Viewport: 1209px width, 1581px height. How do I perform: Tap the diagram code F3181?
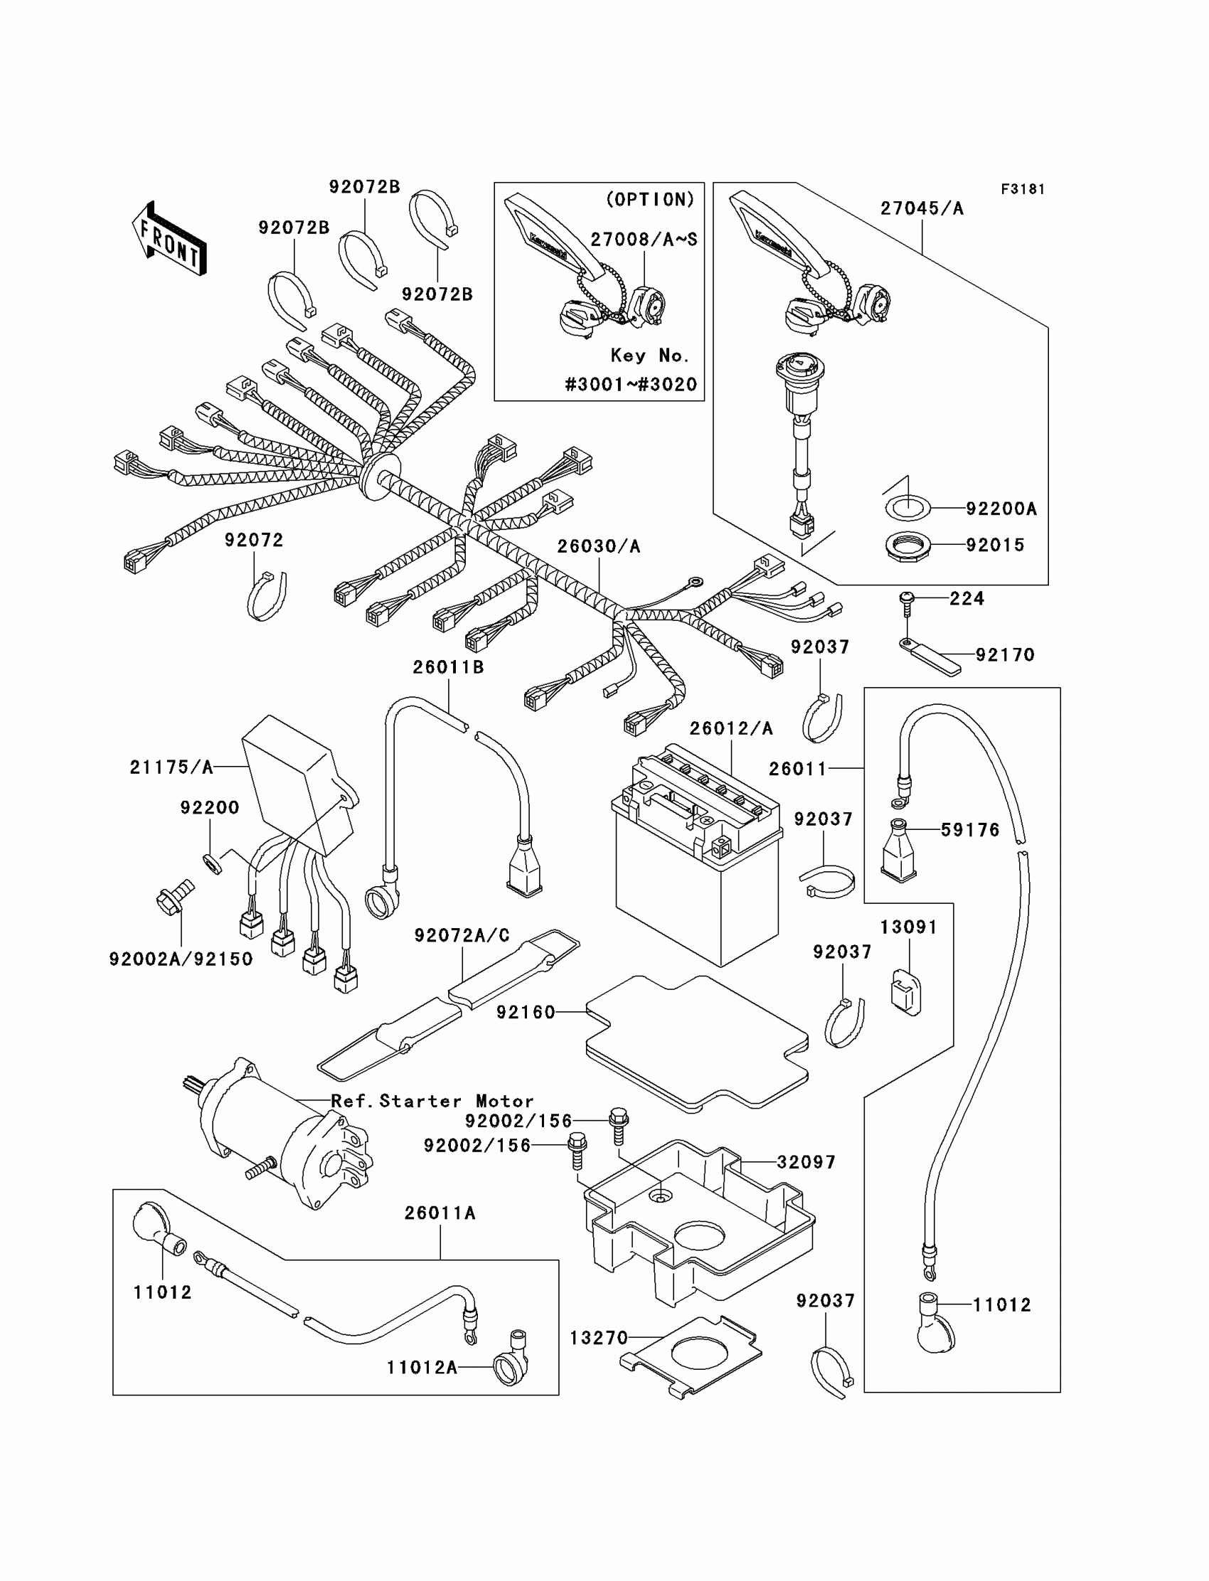coord(1023,189)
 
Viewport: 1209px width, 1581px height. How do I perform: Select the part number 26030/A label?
coord(598,547)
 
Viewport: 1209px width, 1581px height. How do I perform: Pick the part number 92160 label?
coord(526,1013)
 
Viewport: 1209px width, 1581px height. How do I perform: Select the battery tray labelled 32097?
coord(699,1223)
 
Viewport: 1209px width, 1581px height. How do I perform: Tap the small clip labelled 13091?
coord(906,991)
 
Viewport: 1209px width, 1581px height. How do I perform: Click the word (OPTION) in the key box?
coord(651,199)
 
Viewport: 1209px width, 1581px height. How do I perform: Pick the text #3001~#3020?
coord(631,384)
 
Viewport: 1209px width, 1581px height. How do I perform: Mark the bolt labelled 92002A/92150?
coord(174,897)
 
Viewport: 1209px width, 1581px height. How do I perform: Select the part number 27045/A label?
coord(922,208)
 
